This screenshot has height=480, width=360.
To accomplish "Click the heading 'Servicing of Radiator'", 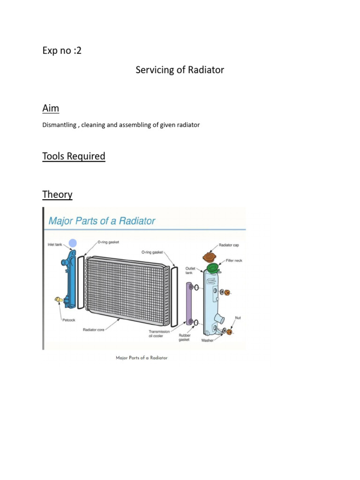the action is (x=180, y=70).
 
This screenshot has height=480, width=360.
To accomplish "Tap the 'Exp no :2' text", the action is (x=62, y=51).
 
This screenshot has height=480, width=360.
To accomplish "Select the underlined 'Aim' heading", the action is (x=51, y=108).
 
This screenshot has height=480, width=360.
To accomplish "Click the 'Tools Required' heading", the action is (x=74, y=156).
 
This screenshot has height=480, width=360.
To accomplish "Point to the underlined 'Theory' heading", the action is (x=57, y=194).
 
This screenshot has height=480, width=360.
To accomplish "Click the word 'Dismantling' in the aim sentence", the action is (x=59, y=125).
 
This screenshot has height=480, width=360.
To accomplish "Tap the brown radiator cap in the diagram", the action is (x=209, y=257).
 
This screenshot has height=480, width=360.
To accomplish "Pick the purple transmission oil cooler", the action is (x=190, y=304).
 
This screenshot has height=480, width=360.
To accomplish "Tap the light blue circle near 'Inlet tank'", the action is (x=72, y=243).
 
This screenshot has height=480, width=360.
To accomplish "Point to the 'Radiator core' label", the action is (x=94, y=330).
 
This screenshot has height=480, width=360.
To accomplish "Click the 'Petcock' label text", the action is (x=68, y=321).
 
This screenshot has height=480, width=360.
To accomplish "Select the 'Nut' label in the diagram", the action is (x=238, y=318).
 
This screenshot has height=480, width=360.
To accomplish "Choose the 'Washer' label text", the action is (x=207, y=340).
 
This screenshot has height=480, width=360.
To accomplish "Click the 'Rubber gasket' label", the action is (x=184, y=337).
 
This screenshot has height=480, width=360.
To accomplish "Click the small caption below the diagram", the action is (x=142, y=358).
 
